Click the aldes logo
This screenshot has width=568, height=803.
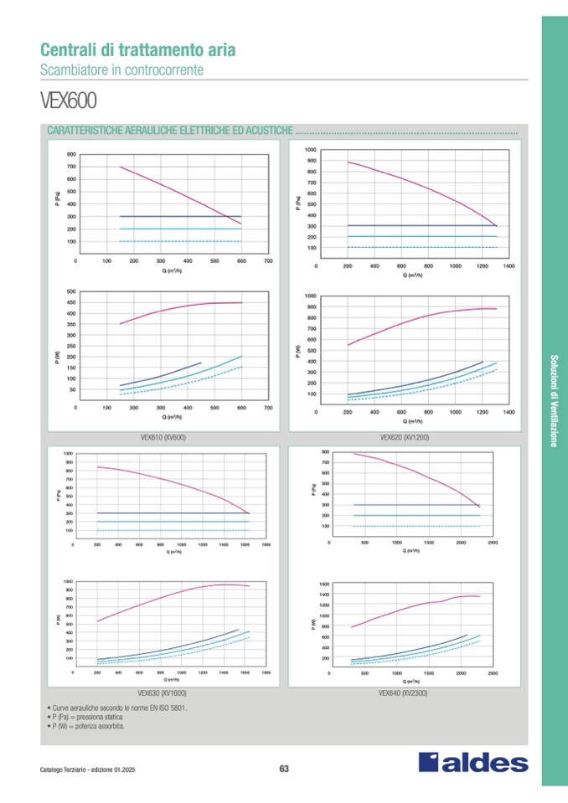click(x=473, y=763)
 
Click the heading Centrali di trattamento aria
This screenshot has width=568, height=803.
click(x=138, y=50)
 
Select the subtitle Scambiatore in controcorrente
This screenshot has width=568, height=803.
click(x=121, y=69)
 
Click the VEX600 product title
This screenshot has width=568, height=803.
click(x=69, y=101)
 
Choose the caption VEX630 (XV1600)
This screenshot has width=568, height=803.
click(x=163, y=693)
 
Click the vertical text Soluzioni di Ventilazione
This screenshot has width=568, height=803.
click(x=554, y=401)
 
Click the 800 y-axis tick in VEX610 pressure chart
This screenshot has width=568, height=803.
click(x=71, y=155)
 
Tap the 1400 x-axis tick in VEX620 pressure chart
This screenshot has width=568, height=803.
click(x=509, y=265)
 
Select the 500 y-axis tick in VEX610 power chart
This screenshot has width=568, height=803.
click(x=71, y=292)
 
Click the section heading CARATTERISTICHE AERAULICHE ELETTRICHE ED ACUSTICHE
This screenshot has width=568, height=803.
click(x=170, y=132)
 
